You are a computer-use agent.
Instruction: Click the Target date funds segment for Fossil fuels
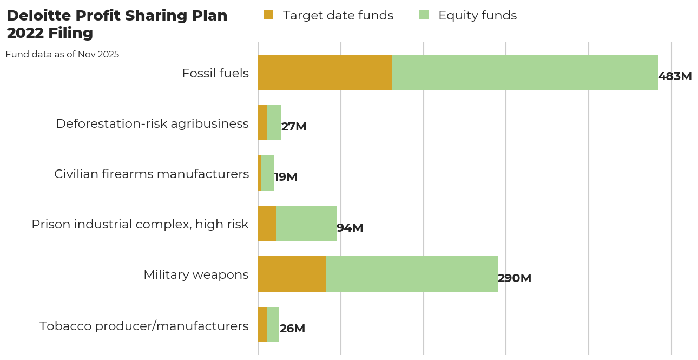pos(325,72)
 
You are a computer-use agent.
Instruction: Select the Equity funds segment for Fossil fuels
pos(525,72)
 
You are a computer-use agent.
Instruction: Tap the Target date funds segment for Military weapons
pos(292,274)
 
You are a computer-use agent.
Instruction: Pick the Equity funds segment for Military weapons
pos(411,274)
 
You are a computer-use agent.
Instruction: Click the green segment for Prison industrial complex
pos(306,224)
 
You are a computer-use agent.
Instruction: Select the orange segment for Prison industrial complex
pos(267,224)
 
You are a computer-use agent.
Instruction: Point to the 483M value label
pos(675,76)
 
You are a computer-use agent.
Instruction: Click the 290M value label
pos(515,278)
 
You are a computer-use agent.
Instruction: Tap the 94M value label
pos(350,228)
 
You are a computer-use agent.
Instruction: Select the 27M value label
pos(294,127)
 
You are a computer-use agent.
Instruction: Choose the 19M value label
pos(286,177)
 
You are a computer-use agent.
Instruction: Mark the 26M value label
pos(292,329)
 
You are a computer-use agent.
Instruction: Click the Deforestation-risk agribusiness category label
pos(152,123)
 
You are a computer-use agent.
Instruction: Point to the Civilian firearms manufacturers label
pos(152,174)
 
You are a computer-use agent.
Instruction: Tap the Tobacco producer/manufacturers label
pos(144,326)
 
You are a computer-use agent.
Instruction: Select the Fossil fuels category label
pos(215,73)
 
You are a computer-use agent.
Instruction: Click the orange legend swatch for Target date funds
pos(268,15)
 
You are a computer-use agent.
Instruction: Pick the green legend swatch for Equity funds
pos(424,15)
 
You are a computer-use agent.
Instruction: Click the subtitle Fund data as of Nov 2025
pos(62,54)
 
